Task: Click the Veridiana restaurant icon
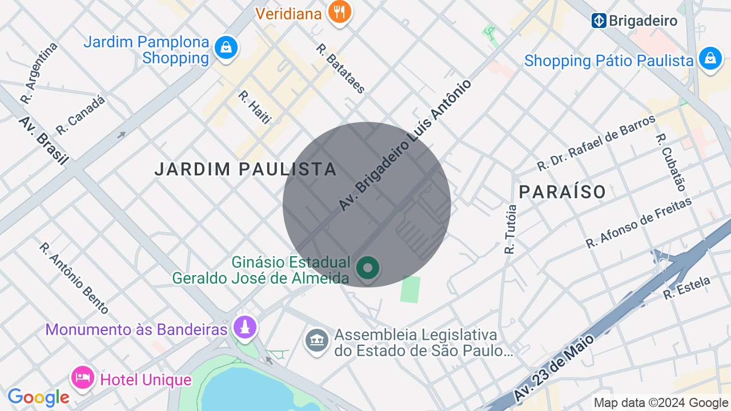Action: [340, 11]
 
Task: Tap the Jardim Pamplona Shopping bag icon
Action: [226, 48]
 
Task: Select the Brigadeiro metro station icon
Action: [599, 21]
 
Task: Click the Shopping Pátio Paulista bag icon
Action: [710, 58]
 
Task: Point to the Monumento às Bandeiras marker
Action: [246, 328]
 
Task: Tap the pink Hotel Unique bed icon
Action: [83, 378]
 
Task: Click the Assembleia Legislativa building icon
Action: [317, 341]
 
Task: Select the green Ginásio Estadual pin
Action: [368, 267]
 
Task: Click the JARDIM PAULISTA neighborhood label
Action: [246, 169]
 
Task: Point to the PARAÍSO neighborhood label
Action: [563, 192]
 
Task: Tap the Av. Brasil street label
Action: [43, 140]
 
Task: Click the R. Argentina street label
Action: [39, 73]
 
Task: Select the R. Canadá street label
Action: [81, 115]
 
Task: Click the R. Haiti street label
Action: [254, 107]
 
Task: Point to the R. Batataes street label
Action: [340, 68]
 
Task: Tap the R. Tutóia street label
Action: [510, 229]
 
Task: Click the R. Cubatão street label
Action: [670, 162]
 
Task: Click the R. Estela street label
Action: [686, 288]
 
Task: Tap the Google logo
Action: [38, 397]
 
